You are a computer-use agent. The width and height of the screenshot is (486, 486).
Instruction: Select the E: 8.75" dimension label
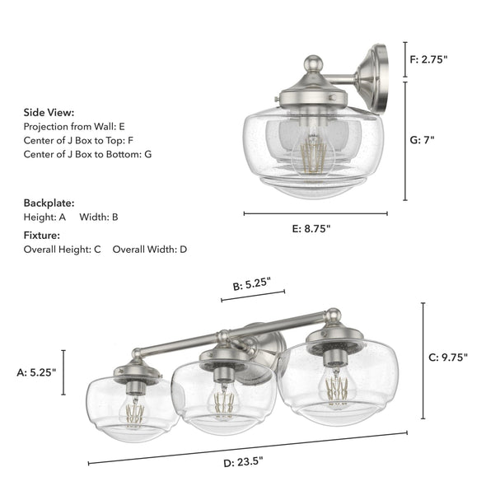(311, 230)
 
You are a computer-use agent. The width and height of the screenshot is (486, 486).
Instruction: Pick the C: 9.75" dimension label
(448, 357)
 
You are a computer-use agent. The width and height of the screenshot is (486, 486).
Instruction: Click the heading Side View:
(49, 112)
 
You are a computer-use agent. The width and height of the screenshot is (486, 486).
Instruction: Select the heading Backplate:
(49, 202)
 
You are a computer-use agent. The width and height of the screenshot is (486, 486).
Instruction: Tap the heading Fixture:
(41, 235)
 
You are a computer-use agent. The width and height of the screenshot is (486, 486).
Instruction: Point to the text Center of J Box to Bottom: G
(87, 154)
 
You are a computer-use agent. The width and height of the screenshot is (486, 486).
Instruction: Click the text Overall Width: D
(150, 249)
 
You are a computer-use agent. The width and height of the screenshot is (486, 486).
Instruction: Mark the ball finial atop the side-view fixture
(312, 63)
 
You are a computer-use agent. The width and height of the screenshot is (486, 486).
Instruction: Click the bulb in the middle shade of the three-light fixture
(220, 400)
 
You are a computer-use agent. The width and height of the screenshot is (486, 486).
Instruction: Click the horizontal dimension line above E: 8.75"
(315, 214)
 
